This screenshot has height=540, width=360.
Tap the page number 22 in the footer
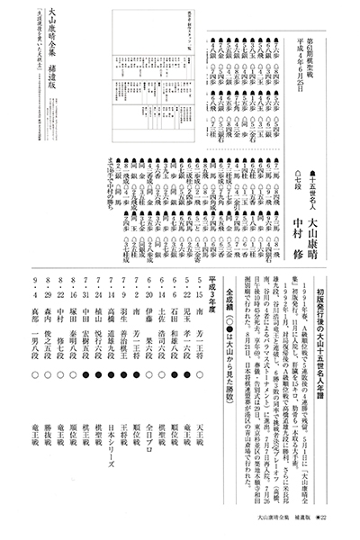coord(346,519)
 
